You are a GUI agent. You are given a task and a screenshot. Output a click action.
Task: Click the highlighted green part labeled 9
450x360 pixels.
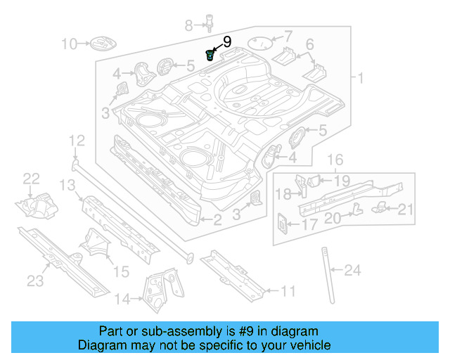tap(210, 55)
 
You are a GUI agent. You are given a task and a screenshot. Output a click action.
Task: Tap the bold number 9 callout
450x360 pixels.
tap(226, 42)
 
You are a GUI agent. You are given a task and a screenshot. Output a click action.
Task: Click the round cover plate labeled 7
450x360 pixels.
tap(261, 43)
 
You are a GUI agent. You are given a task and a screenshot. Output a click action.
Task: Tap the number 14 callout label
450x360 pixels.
tap(122, 300)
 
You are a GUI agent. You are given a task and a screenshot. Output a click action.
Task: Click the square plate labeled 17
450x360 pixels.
tap(283, 222)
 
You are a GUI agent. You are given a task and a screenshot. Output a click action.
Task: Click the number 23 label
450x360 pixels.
tap(35, 281)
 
